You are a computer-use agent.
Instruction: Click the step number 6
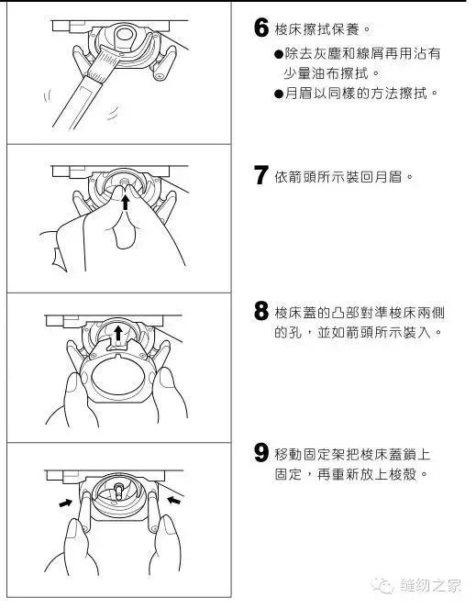(x=260, y=28)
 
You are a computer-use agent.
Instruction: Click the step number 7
(x=260, y=175)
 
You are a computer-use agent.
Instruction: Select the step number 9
(x=260, y=453)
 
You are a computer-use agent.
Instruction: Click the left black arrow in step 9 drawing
(x=65, y=503)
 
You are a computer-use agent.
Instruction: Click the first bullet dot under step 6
(x=279, y=54)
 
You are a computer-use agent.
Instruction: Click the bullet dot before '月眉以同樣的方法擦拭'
(x=279, y=94)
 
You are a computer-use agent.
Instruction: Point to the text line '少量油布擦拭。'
(x=335, y=74)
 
